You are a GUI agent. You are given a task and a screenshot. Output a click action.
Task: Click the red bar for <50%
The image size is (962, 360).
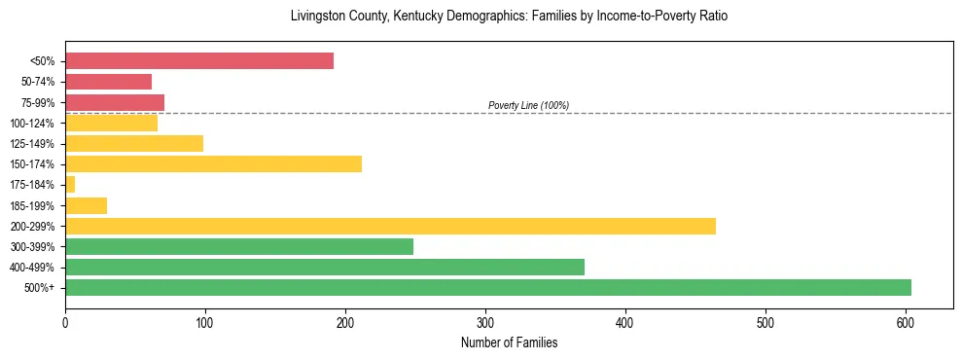[199, 61]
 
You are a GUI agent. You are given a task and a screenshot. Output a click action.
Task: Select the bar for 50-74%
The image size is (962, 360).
[108, 82]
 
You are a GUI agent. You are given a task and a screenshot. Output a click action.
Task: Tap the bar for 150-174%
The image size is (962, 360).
[213, 163]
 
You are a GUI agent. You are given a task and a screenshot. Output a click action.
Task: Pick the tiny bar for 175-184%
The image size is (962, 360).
[70, 184]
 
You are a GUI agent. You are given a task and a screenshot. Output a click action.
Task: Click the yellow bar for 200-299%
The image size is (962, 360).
[390, 226]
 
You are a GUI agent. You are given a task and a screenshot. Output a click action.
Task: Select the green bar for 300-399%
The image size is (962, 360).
[239, 246]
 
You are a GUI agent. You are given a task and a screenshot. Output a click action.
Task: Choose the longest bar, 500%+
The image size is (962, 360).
[488, 287]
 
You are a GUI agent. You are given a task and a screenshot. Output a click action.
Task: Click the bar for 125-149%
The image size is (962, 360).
[134, 143]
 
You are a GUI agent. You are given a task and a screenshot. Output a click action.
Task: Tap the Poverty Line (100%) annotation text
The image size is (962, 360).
[528, 105]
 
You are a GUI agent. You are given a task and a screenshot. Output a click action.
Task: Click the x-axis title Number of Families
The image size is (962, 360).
[509, 342]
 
